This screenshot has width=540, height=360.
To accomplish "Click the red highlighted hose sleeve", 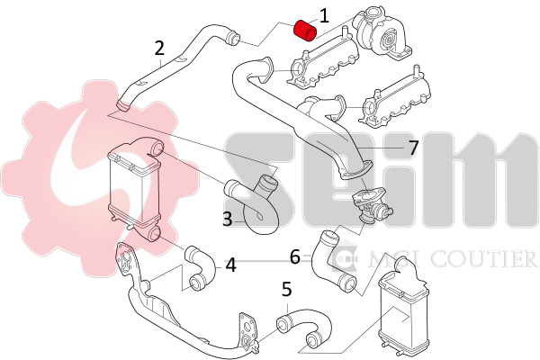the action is (304, 30).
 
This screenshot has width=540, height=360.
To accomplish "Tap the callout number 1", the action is (324, 16).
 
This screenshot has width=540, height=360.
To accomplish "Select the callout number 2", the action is (159, 49).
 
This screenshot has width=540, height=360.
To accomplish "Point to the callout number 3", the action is (228, 219).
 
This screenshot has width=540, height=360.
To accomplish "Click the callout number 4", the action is (230, 265).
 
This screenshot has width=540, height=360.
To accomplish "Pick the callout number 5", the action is (287, 289).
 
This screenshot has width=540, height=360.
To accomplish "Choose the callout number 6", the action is (295, 257).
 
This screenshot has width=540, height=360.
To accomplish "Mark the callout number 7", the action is (413, 148).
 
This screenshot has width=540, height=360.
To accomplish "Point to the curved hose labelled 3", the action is (254, 204).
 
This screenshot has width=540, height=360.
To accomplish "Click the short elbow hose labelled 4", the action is (200, 268).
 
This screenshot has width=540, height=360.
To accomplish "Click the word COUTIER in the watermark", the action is (485, 259).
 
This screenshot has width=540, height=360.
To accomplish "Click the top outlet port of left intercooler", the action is (157, 149).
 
